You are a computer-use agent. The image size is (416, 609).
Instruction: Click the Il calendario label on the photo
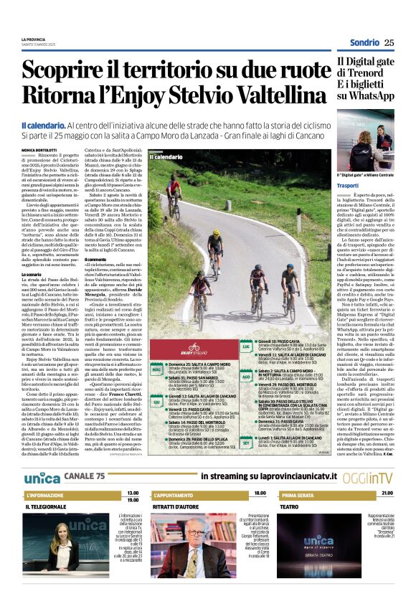coord(166,156)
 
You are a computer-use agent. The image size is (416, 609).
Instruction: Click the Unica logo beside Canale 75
coord(42,477)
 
